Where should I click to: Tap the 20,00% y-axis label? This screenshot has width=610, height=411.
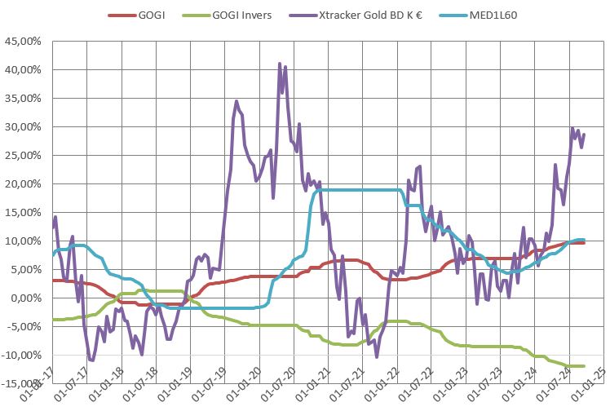(24, 183)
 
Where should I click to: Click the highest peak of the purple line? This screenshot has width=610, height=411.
(280, 64)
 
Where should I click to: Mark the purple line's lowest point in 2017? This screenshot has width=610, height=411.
(91, 360)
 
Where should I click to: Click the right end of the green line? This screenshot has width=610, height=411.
(584, 366)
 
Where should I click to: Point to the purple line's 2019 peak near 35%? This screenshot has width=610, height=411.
(236, 101)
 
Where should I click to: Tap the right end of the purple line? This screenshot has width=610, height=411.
(584, 134)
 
